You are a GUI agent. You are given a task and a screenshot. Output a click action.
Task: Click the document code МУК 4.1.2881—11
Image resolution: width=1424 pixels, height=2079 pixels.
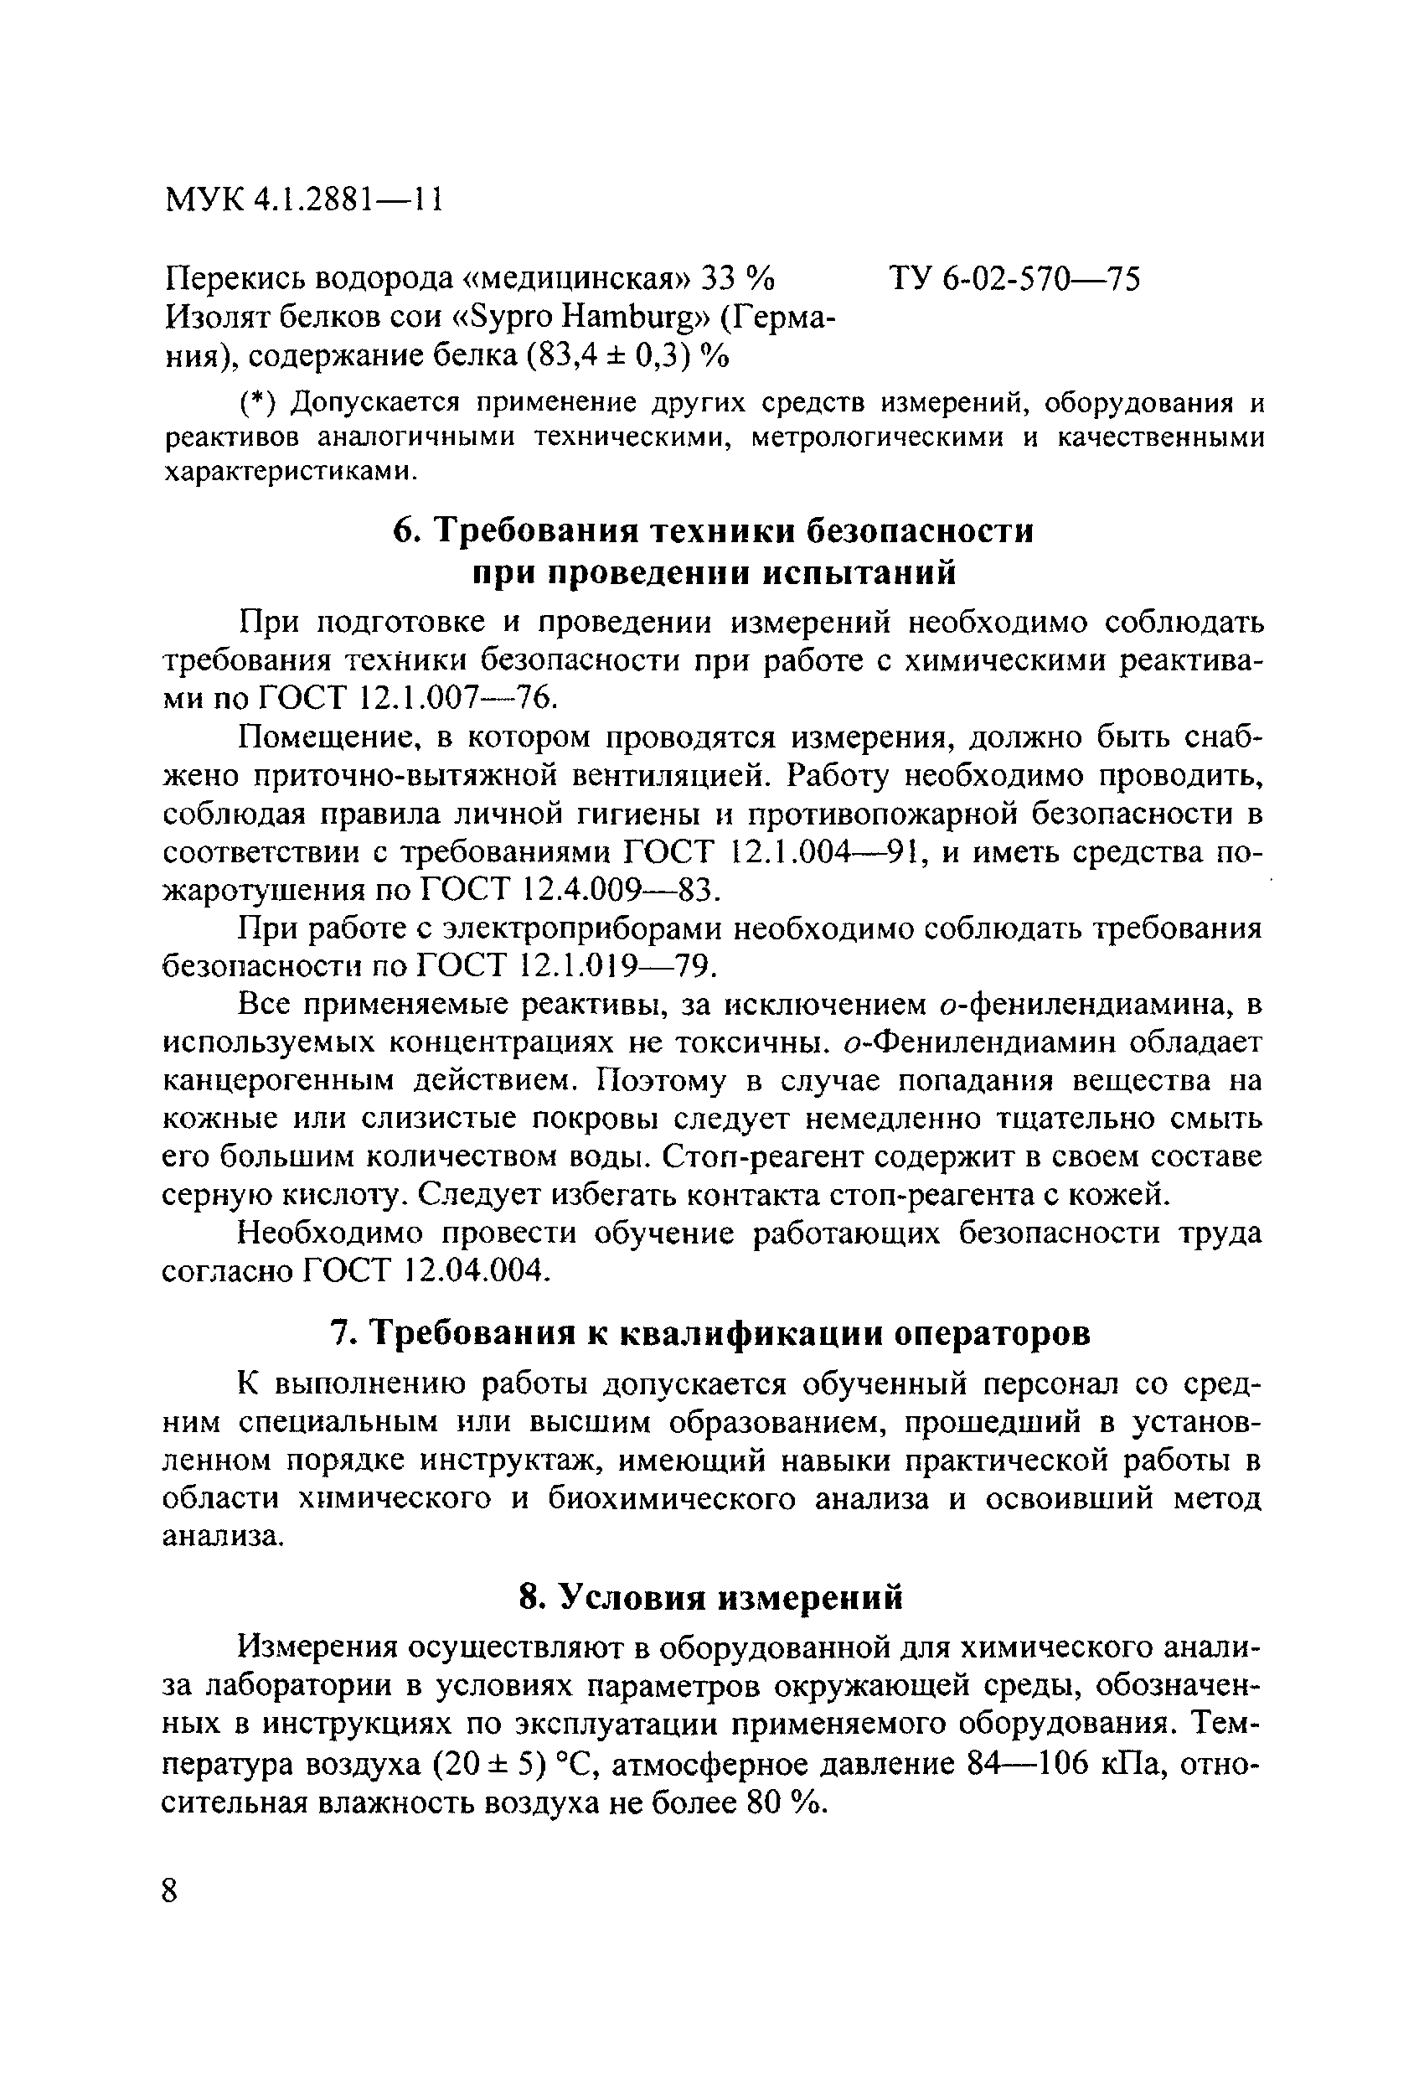[x=304, y=200]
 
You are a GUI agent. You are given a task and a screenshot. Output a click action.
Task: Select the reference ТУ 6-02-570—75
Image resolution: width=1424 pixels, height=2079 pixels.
[x=1015, y=280]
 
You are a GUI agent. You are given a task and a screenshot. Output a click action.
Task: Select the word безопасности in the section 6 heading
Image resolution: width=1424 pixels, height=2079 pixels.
[x=921, y=530]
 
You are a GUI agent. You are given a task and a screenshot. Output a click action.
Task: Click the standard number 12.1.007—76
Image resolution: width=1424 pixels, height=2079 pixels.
[x=452, y=698]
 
